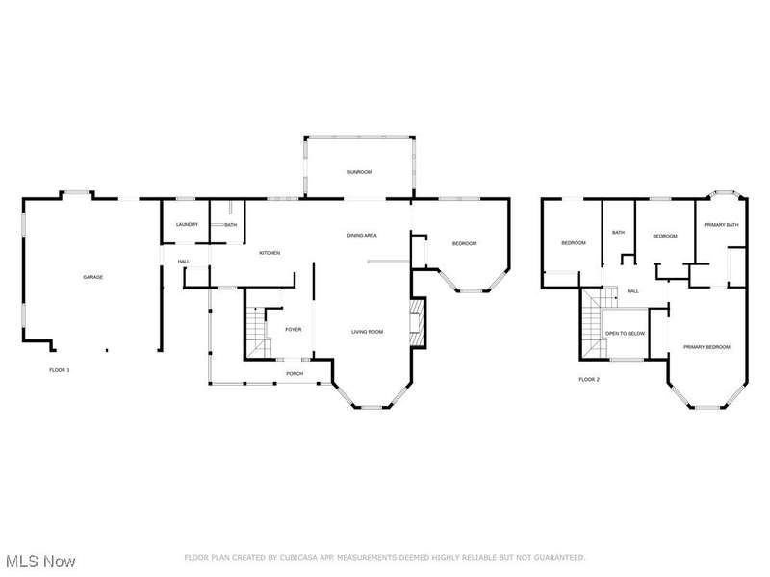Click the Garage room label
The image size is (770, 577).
click(x=92, y=277)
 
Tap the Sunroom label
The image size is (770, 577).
click(x=359, y=172)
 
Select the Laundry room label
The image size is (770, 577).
click(x=187, y=225)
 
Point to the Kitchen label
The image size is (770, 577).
click(x=269, y=253)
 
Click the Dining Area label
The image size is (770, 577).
click(x=362, y=236)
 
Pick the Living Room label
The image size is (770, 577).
click(x=367, y=332)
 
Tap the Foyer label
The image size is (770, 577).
click(x=294, y=330)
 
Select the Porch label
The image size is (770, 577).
click(x=295, y=374)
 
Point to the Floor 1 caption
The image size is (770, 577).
click(x=60, y=370)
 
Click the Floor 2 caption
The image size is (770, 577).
click(x=589, y=379)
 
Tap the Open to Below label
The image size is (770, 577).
click(x=625, y=334)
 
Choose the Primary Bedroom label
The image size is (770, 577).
click(x=706, y=347)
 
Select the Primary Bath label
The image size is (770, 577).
click(x=721, y=225)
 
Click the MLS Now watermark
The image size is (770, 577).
click(x=38, y=562)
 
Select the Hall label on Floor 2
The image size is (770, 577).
click(x=633, y=291)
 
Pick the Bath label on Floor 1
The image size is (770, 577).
click(x=230, y=225)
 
